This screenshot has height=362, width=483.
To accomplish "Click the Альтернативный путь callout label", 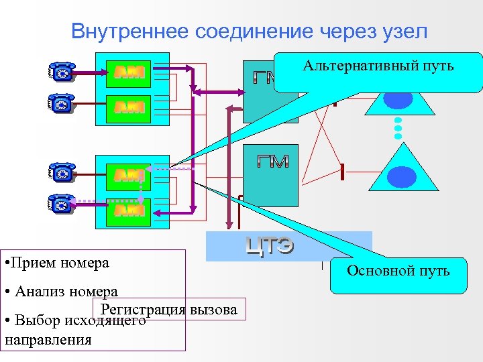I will tap(378, 66).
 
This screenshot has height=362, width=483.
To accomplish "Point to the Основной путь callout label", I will tap(398, 271).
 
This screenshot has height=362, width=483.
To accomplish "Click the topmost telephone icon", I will tap(62, 72).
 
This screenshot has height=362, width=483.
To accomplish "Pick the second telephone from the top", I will tap(62, 103).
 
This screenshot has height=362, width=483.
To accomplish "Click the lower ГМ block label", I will tap(272, 162).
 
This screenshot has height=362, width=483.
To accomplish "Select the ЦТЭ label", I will tap(270, 247).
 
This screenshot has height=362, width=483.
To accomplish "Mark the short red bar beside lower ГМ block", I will tap(342, 172).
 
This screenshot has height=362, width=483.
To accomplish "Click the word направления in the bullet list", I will tap(48, 339).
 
